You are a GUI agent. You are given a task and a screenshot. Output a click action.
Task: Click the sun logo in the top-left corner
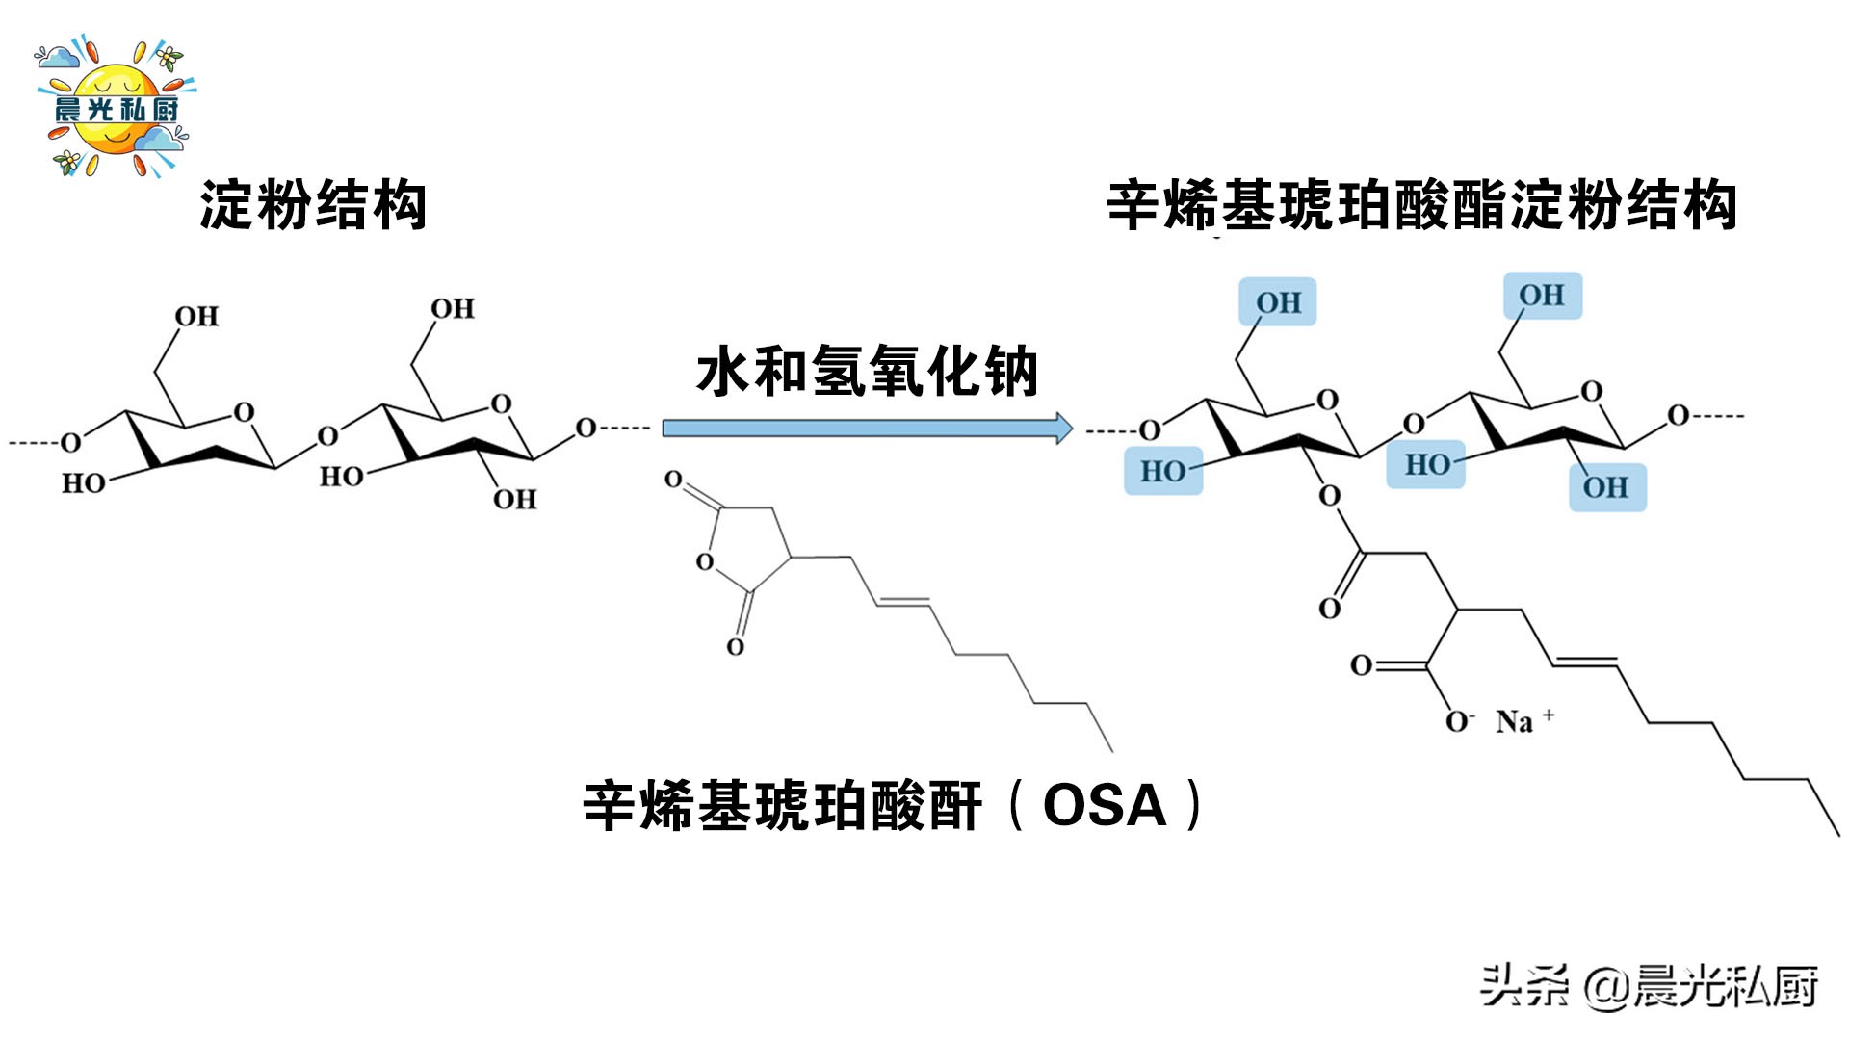[115, 108]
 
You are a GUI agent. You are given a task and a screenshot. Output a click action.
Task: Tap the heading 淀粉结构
[313, 205]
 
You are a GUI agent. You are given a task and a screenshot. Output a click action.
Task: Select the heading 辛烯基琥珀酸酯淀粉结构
[1421, 205]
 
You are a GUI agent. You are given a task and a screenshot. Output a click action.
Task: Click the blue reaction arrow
[867, 428]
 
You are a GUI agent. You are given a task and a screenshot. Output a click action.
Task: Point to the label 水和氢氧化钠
[867, 372]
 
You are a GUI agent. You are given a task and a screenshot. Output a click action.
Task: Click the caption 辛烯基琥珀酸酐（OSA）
[892, 805]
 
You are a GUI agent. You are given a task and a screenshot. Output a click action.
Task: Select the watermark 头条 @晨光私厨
[1648, 986]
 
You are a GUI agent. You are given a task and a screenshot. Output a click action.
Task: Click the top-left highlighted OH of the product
[1278, 302]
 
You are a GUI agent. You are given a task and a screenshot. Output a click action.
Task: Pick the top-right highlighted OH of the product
[1542, 296]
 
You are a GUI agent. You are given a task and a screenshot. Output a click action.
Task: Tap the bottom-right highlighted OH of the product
[1606, 487]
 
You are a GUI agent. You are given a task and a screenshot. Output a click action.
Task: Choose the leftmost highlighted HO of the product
[1163, 471]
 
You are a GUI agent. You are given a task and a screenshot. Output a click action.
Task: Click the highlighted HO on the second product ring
[1426, 464]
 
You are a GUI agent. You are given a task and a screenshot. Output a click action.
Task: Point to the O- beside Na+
[1458, 721]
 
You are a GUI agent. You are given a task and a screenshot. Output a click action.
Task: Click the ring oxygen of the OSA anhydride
[705, 561]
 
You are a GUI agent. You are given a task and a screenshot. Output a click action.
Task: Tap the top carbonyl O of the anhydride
[673, 479]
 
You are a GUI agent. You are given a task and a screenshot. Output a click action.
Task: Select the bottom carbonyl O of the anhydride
[735, 646]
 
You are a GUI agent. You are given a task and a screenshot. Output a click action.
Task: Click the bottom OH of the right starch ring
[514, 499]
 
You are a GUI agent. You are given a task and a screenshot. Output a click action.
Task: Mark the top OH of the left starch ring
[196, 316]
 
